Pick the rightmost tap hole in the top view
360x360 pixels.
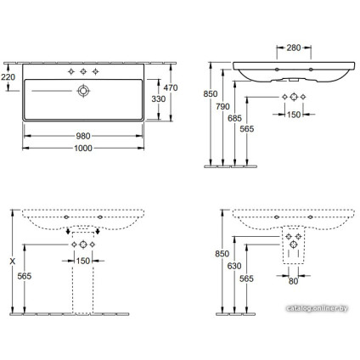tap(97, 70)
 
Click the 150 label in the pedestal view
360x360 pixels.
tap(82, 260)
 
